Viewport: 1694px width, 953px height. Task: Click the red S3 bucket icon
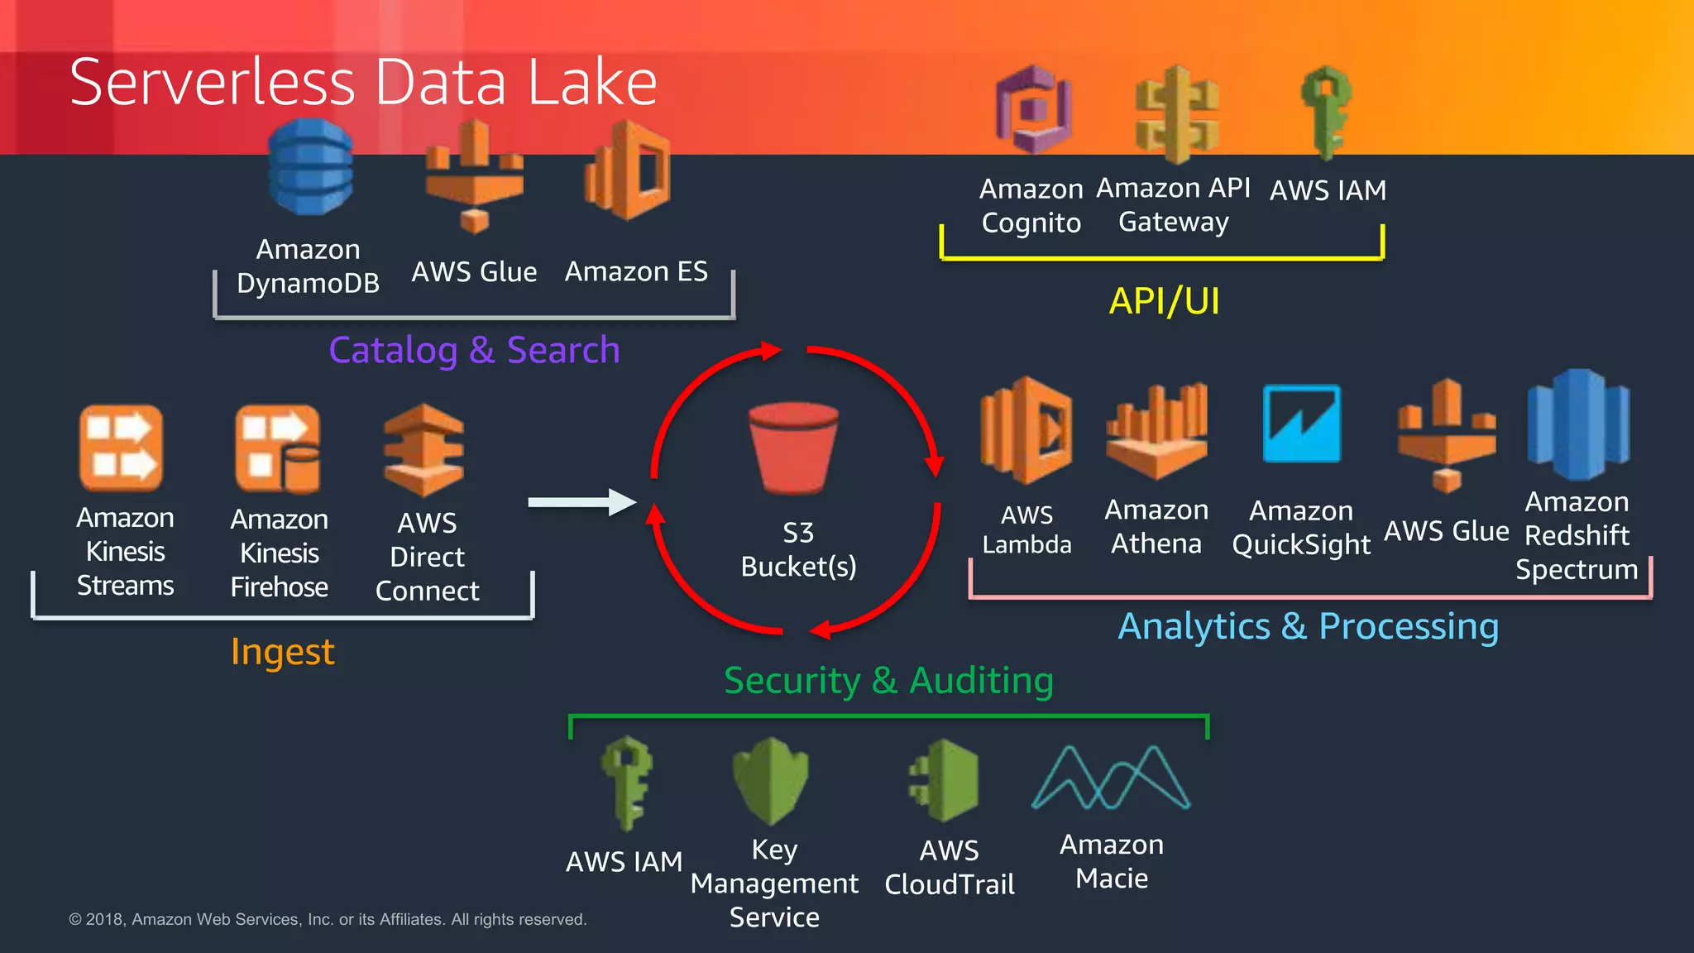793,447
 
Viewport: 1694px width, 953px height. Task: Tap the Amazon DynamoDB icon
310,168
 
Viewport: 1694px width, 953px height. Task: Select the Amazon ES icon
629,170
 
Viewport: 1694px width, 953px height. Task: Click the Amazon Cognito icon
1033,110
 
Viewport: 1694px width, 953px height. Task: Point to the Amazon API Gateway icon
1176,114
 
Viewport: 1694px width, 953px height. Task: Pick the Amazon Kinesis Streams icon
122,448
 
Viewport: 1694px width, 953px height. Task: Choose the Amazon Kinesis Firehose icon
278,448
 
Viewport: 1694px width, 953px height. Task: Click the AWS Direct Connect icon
424,450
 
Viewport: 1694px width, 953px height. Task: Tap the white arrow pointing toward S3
581,502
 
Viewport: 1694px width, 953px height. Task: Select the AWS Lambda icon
1026,430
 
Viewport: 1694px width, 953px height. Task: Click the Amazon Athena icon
1156,432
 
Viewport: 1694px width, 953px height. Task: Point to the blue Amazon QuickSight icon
1301,424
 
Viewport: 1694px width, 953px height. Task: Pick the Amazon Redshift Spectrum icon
1577,425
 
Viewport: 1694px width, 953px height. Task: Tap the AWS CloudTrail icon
945,780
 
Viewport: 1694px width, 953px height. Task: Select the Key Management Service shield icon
770,780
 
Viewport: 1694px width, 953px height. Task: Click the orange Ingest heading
282,652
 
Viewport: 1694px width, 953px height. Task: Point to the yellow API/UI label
1164,301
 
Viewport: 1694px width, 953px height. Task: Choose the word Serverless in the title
213,83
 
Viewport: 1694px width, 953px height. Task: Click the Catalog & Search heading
474,350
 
